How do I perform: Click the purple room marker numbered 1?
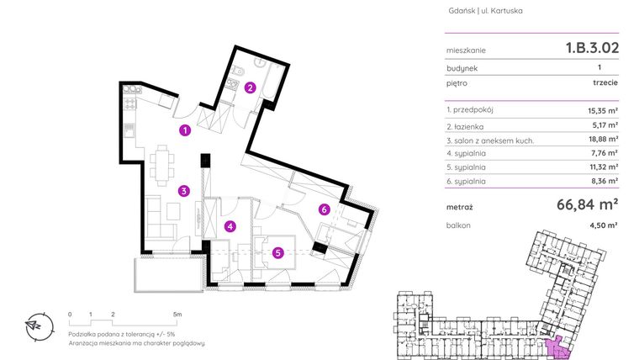point(185,130)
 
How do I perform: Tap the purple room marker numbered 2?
point(250,87)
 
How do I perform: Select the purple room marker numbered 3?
point(182,191)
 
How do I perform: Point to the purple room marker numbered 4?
point(230,225)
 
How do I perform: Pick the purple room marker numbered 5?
point(277,251)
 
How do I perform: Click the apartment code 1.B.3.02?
point(592,48)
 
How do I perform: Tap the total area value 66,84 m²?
point(588,204)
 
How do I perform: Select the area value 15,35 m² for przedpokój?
point(603,110)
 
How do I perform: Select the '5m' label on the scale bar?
point(176,313)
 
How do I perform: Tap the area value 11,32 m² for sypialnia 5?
point(603,167)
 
